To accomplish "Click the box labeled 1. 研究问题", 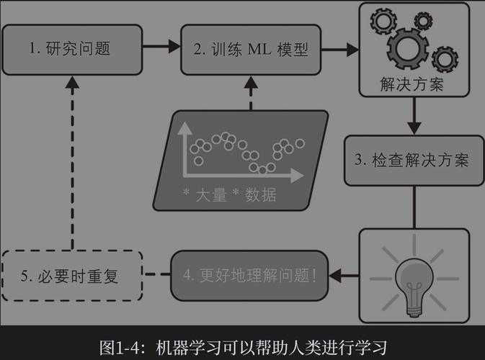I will tap(72, 49).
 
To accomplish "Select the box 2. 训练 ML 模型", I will tap(250, 49).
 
